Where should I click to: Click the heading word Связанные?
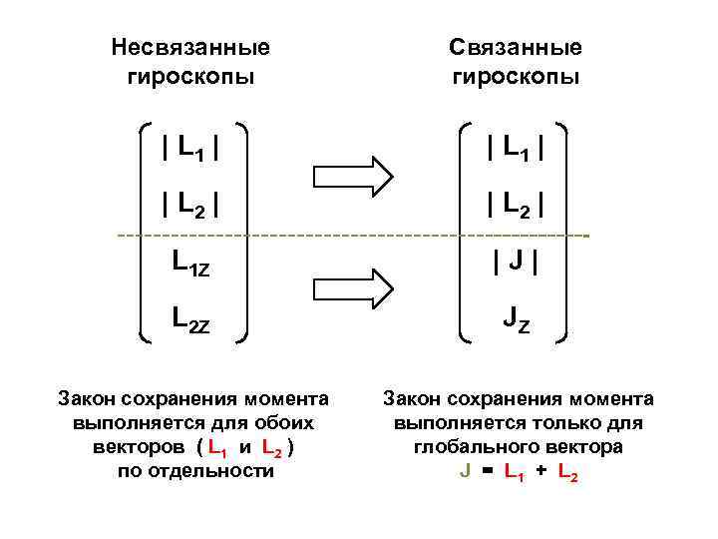click(516, 47)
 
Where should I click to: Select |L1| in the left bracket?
click(190, 149)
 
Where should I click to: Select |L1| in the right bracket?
click(515, 149)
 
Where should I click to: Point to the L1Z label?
click(190, 265)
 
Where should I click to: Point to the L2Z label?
click(190, 321)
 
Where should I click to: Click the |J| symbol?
click(516, 265)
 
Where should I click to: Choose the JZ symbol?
click(516, 321)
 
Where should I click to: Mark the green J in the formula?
click(465, 472)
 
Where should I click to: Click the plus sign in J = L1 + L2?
click(541, 472)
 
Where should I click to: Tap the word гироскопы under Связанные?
click(516, 77)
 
